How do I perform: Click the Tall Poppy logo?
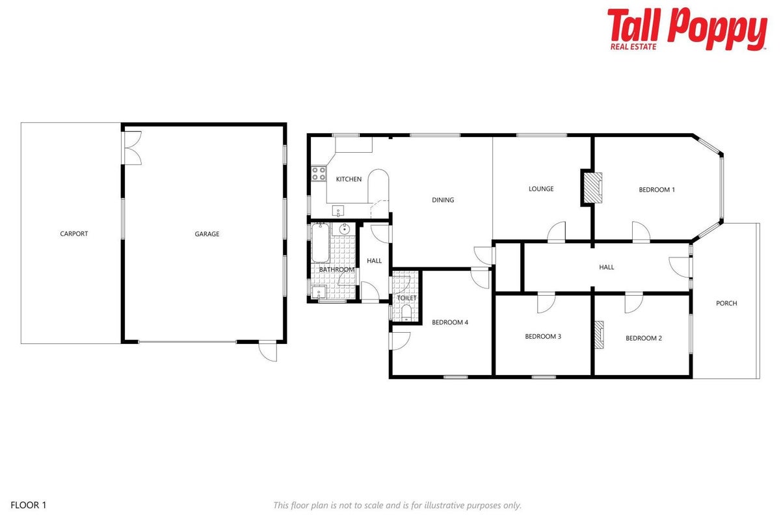click(x=687, y=29)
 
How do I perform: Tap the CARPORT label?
click(x=74, y=234)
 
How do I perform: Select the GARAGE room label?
click(x=207, y=234)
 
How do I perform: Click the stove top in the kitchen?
click(x=319, y=174)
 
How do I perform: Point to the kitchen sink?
click(x=338, y=211)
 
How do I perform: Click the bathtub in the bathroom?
click(x=321, y=243)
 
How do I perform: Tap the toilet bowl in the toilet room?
click(x=406, y=312)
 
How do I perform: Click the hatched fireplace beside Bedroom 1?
click(x=593, y=187)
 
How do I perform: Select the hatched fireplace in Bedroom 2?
click(x=599, y=335)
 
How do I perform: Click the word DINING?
click(x=443, y=200)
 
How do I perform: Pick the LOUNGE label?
click(x=541, y=189)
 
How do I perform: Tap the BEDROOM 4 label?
click(x=450, y=322)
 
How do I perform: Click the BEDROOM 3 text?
click(x=543, y=336)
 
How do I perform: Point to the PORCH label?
click(x=726, y=303)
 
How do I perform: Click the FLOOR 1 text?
click(x=28, y=505)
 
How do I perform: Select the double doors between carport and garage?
click(x=133, y=148)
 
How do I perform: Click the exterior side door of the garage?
click(x=268, y=351)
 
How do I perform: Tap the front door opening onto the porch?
click(x=680, y=267)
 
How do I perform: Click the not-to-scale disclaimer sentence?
click(x=397, y=505)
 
